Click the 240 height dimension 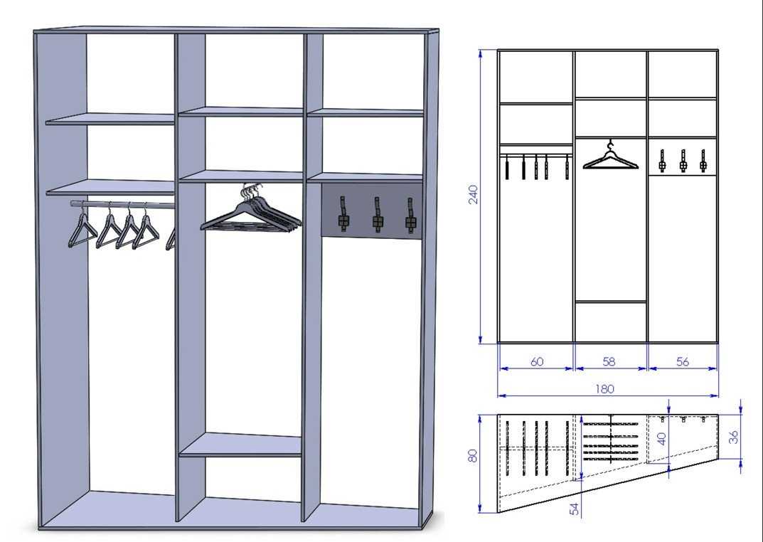pyautogui.click(x=473, y=195)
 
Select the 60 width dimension pyautogui.click(x=537, y=361)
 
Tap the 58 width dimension pyautogui.click(x=609, y=361)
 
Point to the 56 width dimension pyautogui.click(x=682, y=361)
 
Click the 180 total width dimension pyautogui.click(x=604, y=389)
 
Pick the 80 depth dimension pyautogui.click(x=472, y=455)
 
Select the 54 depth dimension pyautogui.click(x=575, y=509)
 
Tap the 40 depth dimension pyautogui.click(x=662, y=439)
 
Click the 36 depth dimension pyautogui.click(x=735, y=437)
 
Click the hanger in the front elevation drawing pyautogui.click(x=610, y=158)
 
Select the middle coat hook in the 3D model pyautogui.click(x=377, y=215)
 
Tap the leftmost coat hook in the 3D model pyautogui.click(x=343, y=213)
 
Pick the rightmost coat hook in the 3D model pyautogui.click(x=411, y=214)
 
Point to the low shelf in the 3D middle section pyautogui.click(x=240, y=445)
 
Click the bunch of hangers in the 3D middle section pyautogui.click(x=251, y=208)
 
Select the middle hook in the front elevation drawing pyautogui.click(x=683, y=161)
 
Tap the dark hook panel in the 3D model pyautogui.click(x=372, y=211)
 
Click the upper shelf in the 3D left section pyautogui.click(x=110, y=119)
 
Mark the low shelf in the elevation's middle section pyautogui.click(x=611, y=302)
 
